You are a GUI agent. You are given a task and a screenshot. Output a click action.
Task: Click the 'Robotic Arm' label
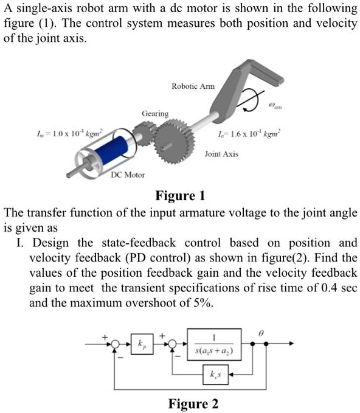pos(193,87)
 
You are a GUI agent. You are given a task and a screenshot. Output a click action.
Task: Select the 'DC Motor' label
pos(128,175)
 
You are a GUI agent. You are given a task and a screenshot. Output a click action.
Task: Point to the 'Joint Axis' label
pos(221,154)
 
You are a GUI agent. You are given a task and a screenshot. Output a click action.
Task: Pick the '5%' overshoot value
pos(201,302)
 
